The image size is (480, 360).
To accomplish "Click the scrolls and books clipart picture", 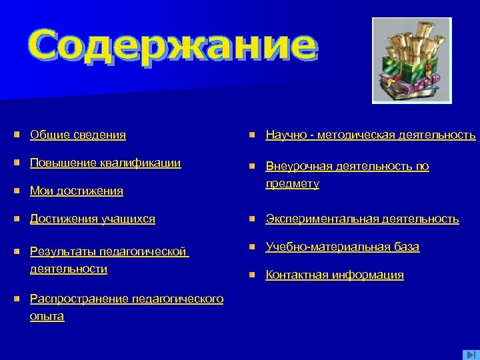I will click(x=411, y=61).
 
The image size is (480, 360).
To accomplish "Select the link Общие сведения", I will click(x=78, y=135).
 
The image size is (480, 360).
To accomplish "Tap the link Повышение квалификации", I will click(x=105, y=163).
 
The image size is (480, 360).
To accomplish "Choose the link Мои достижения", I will click(x=77, y=191).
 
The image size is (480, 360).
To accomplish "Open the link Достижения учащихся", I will click(x=93, y=219).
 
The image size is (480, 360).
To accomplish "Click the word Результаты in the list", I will click(x=62, y=252).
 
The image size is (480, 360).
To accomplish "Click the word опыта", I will click(x=47, y=316).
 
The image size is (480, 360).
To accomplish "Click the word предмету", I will click(x=292, y=183).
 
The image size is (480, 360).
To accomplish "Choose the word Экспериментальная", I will click(x=322, y=219).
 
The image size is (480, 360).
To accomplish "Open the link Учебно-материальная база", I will click(x=342, y=247).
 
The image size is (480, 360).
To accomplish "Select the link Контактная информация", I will click(x=335, y=275).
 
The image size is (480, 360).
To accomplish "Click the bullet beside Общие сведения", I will click(x=16, y=135).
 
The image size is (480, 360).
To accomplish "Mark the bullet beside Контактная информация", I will click(x=252, y=275).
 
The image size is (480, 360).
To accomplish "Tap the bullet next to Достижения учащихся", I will click(x=16, y=219).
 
